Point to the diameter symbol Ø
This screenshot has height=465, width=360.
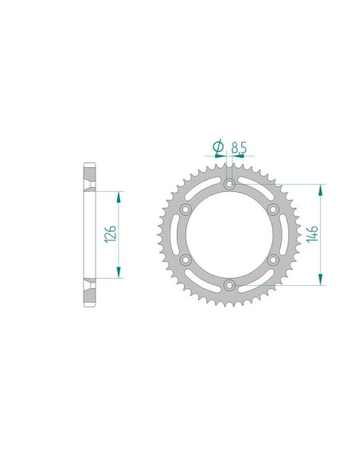[x=217, y=146]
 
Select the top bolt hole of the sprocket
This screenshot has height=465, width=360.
[x=229, y=185]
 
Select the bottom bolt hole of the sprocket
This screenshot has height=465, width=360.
[x=229, y=284]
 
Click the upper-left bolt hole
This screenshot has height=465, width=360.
[x=186, y=209]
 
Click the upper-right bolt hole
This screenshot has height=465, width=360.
[x=272, y=209]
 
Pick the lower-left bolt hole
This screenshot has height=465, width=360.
[x=186, y=260]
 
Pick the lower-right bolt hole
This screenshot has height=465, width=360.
[x=272, y=260]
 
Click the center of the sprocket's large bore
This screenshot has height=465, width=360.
[x=229, y=234]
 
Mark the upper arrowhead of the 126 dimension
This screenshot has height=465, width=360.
[x=119, y=196]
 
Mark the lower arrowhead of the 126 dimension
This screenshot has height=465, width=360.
[x=119, y=273]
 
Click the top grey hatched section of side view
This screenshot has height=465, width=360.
[x=89, y=177]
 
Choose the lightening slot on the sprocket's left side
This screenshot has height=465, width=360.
[x=180, y=234]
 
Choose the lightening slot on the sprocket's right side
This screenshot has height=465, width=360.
[x=278, y=234]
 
